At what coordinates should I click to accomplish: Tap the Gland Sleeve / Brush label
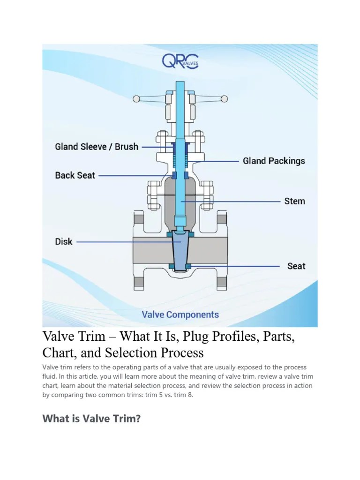pos(97,147)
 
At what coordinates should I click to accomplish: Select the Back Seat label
pos(75,175)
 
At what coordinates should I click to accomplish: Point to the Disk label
pos(64,242)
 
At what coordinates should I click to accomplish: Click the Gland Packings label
pos(274,161)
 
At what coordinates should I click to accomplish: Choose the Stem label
pos(294,201)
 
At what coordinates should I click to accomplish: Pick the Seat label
pos(296,266)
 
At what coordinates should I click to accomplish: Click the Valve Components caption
pos(180,315)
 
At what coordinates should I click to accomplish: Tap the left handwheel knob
pos(136,98)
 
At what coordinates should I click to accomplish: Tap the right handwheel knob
pos(224,98)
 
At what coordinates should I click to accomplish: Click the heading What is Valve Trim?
pos(91,418)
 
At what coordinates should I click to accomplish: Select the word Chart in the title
pos(58,352)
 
